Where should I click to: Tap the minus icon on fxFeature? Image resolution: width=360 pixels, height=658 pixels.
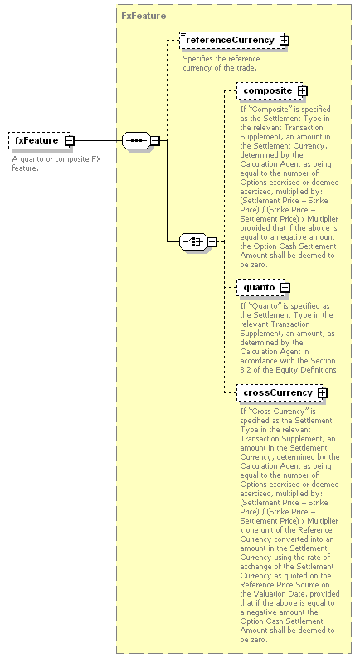[69, 141]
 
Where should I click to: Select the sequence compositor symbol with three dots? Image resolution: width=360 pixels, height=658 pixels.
[136, 140]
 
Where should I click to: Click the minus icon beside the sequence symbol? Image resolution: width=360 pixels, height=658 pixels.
[155, 140]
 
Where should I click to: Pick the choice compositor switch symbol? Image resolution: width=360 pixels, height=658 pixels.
[193, 241]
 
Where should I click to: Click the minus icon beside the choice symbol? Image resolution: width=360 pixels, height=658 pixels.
[212, 241]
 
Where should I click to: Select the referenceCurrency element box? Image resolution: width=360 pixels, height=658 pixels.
[234, 41]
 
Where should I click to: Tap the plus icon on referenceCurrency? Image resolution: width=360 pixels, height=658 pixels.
[285, 41]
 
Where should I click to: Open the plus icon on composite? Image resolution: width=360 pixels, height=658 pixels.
[303, 90]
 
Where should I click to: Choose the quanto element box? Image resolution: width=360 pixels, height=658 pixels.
[263, 287]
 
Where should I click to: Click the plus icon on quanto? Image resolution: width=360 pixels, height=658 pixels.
[285, 287]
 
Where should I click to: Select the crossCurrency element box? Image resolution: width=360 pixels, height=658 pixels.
[282, 392]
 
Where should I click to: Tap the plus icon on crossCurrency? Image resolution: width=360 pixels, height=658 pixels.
[322, 392]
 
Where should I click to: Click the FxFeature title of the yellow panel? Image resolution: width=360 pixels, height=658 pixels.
[144, 16]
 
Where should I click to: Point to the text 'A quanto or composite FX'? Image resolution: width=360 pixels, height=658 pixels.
[56, 159]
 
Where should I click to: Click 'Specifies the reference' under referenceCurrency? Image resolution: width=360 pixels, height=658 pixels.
[221, 59]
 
